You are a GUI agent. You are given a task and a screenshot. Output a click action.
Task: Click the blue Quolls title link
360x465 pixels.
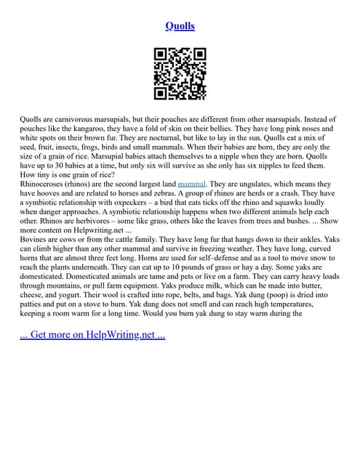pyautogui.click(x=180, y=27)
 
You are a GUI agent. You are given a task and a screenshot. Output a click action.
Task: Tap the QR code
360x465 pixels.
pyautogui.click(x=180, y=73)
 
